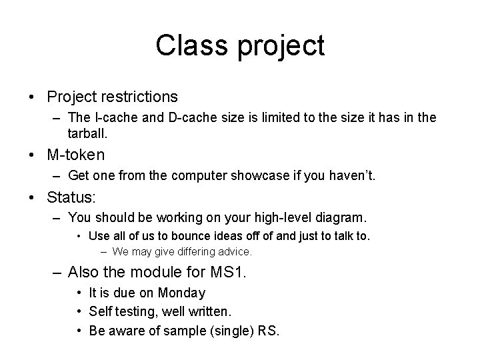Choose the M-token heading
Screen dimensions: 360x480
coord(76,155)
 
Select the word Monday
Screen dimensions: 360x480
coord(183,293)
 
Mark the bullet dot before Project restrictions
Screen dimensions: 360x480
coord(33,97)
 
